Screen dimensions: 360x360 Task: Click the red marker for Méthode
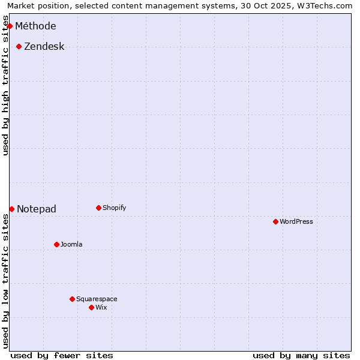pyautogui.click(x=10, y=26)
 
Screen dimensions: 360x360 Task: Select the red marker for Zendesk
pyautogui.click(x=19, y=46)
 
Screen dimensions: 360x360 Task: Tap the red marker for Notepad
pyautogui.click(x=11, y=209)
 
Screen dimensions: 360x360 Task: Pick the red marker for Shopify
pyautogui.click(x=98, y=208)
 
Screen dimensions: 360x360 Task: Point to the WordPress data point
pyautogui.click(x=275, y=221)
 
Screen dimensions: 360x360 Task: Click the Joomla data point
pyautogui.click(x=56, y=244)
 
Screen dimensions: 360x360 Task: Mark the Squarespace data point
pyautogui.click(x=72, y=299)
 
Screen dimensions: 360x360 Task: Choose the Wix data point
pyautogui.click(x=91, y=307)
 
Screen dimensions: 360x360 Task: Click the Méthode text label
pyautogui.click(x=35, y=26)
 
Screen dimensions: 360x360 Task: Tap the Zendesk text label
pyautogui.click(x=44, y=46)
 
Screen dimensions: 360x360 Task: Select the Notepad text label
pyautogui.click(x=37, y=209)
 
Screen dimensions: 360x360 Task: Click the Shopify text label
pyautogui.click(x=114, y=208)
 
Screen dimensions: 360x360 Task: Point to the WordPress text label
pyautogui.click(x=296, y=221)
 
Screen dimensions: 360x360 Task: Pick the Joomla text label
pyautogui.click(x=71, y=244)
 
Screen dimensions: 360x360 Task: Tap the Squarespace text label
pyautogui.click(x=97, y=299)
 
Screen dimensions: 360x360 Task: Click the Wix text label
pyautogui.click(x=101, y=307)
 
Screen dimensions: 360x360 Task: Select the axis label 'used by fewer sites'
pyautogui.click(x=62, y=355)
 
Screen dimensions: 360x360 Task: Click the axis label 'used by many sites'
pyautogui.click(x=301, y=355)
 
